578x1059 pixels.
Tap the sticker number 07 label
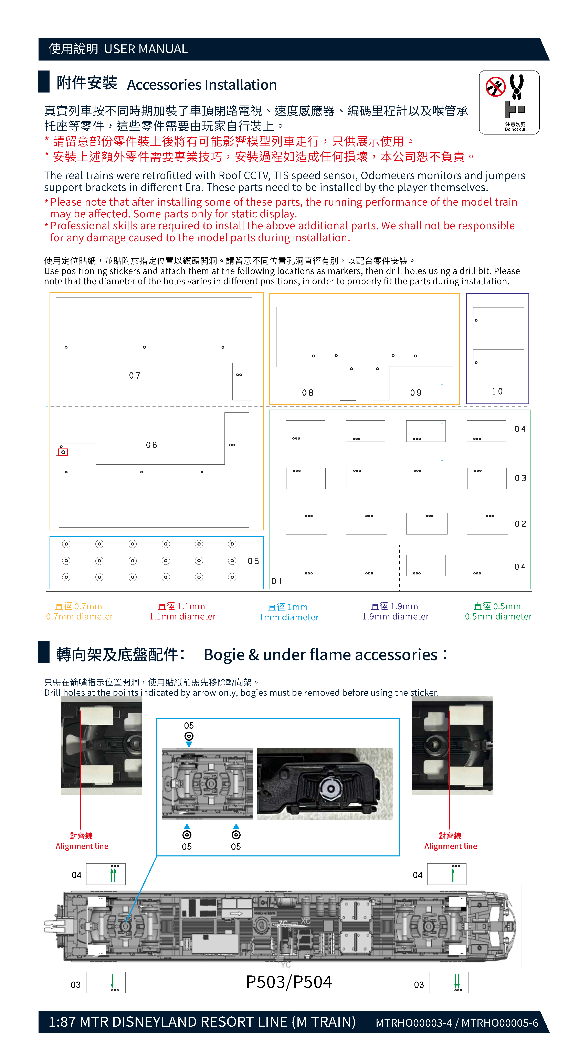tap(135, 375)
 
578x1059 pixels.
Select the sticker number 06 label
tap(151, 445)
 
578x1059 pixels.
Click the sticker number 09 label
tap(416, 393)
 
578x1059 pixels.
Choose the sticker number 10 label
tap(497, 391)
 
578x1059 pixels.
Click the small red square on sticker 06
tap(63, 452)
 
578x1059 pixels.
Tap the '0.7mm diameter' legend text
tap(79, 616)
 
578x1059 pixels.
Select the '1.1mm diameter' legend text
tap(182, 616)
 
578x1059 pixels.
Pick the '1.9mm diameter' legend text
tap(395, 616)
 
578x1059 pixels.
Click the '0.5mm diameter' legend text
tap(498, 616)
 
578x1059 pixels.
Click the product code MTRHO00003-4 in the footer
tap(413, 1022)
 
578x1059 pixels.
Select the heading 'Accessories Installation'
tap(202, 85)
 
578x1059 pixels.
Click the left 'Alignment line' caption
tap(82, 846)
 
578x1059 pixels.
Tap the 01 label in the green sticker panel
tap(276, 581)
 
